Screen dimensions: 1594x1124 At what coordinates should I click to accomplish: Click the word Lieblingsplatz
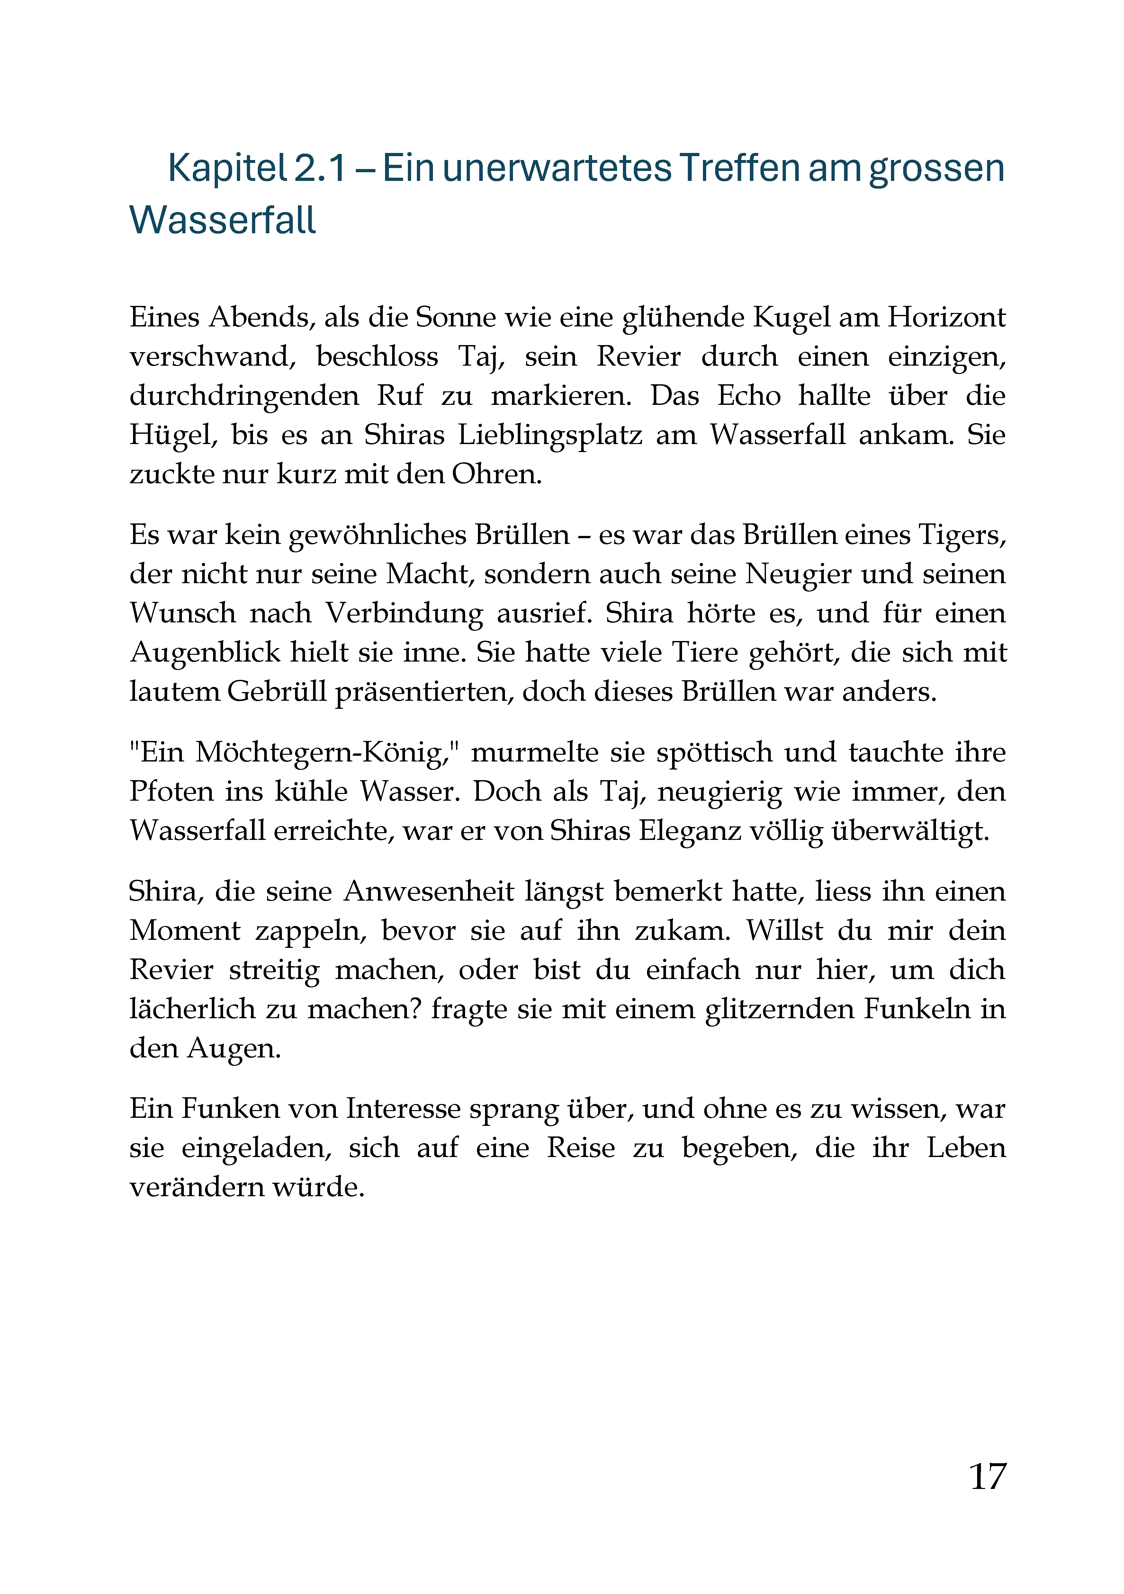pos(550,435)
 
